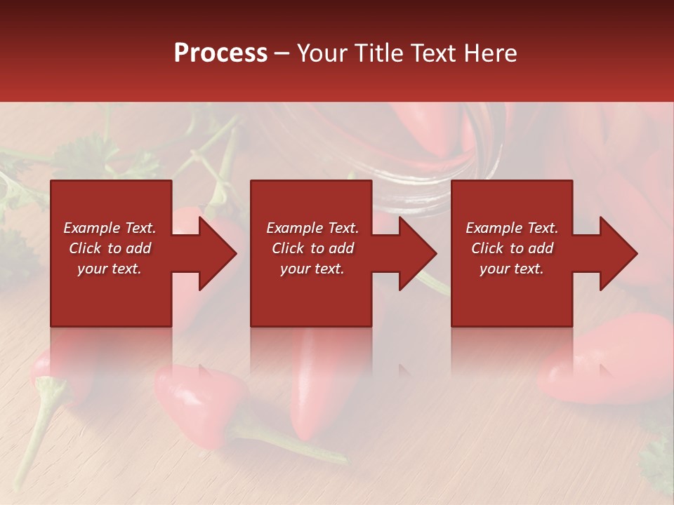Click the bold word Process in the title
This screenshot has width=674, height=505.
pyautogui.click(x=220, y=53)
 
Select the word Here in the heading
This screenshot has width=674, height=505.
pyautogui.click(x=491, y=53)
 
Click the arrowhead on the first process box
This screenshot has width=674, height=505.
pyautogui.click(x=214, y=253)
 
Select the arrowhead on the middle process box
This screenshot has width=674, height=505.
pyautogui.click(x=414, y=253)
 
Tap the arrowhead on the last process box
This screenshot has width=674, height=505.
pyautogui.click(x=614, y=253)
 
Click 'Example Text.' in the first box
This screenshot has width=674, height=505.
pyautogui.click(x=110, y=228)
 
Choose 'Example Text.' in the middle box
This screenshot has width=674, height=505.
pyautogui.click(x=312, y=228)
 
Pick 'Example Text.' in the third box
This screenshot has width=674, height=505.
pyautogui.click(x=512, y=228)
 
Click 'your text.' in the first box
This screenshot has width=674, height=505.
pyautogui.click(x=110, y=269)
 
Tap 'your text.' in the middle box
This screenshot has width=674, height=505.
pyautogui.click(x=312, y=269)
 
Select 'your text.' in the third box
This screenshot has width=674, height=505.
pyautogui.click(x=512, y=269)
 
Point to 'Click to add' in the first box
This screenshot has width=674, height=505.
pyautogui.click(x=110, y=248)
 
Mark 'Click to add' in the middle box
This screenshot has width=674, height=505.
pyautogui.click(x=312, y=248)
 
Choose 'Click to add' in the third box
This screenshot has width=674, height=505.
pyautogui.click(x=512, y=248)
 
